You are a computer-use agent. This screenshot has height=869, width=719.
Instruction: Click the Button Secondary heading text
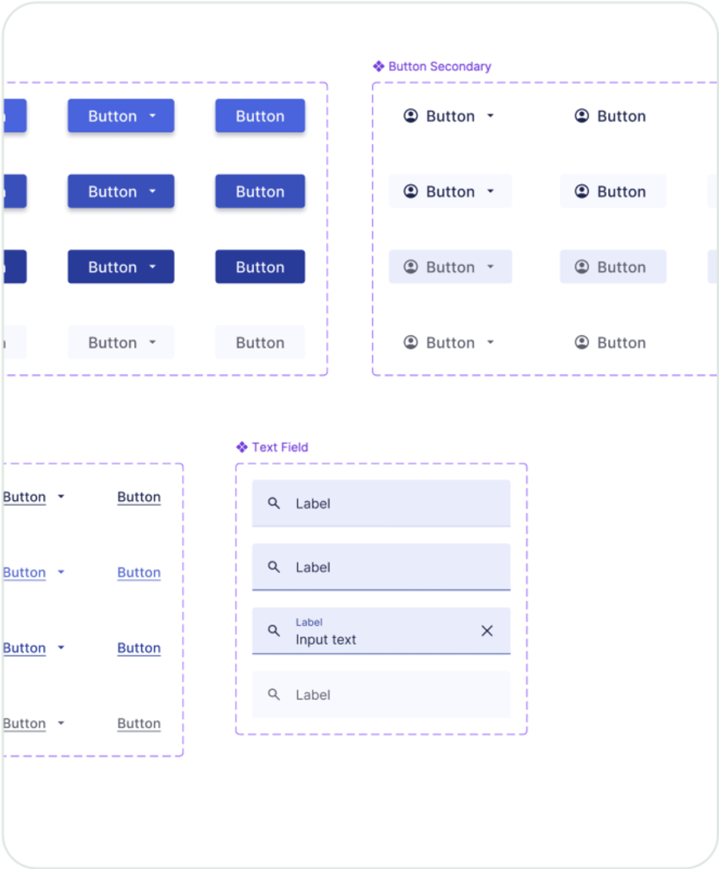[439, 67]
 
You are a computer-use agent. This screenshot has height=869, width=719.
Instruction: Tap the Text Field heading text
[280, 447]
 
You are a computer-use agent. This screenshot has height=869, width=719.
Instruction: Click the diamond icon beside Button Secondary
[379, 66]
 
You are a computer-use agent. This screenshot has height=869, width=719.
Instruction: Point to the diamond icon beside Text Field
[242, 447]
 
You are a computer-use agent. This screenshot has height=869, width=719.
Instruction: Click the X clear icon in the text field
[487, 630]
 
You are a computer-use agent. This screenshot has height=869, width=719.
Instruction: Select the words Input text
[325, 640]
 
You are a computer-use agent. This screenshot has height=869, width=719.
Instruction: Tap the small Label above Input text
[309, 622]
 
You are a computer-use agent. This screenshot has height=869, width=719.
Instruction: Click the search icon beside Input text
[274, 630]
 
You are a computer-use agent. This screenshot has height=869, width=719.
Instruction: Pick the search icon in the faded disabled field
[274, 695]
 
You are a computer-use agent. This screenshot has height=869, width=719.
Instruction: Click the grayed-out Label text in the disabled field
[313, 695]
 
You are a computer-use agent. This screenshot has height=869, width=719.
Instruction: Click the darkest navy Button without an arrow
[260, 267]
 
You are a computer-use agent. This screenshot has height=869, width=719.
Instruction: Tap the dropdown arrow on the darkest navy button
[153, 267]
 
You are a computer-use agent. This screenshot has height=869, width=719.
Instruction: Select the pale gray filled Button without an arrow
[260, 342]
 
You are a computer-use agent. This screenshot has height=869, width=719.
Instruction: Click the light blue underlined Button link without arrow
[139, 572]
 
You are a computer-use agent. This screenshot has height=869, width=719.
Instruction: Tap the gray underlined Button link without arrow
[139, 723]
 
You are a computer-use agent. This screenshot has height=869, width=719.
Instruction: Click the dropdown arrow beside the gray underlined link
[61, 723]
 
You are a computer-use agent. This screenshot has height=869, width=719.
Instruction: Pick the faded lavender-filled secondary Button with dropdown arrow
[450, 267]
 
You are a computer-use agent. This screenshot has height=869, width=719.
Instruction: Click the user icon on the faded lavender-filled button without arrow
[582, 267]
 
